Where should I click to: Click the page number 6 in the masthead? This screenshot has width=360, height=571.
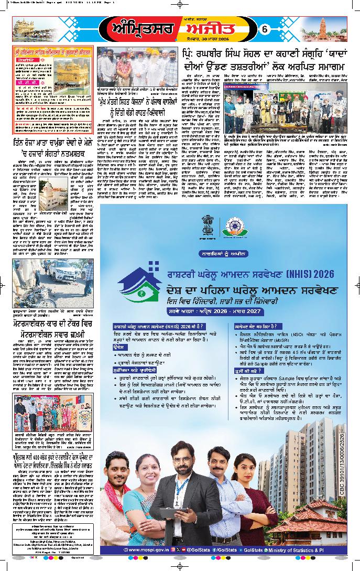[x=265, y=30]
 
